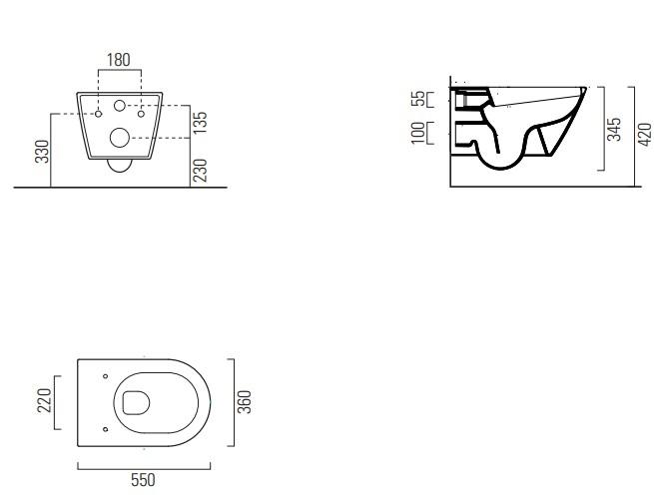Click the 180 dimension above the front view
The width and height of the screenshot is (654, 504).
(x=119, y=60)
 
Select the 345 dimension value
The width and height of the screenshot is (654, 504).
(x=614, y=129)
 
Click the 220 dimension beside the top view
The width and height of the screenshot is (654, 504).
(x=43, y=400)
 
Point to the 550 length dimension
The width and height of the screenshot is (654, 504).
(x=144, y=480)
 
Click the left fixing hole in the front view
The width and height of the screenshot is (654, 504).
(x=98, y=114)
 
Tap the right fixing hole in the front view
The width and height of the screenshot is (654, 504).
(x=141, y=114)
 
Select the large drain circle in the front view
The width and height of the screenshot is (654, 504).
(x=120, y=139)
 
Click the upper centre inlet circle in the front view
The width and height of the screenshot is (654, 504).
(x=120, y=105)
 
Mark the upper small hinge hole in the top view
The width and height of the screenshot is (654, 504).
(x=105, y=375)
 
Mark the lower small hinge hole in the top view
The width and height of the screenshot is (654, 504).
(x=105, y=429)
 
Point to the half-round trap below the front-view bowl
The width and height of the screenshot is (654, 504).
(x=120, y=167)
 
